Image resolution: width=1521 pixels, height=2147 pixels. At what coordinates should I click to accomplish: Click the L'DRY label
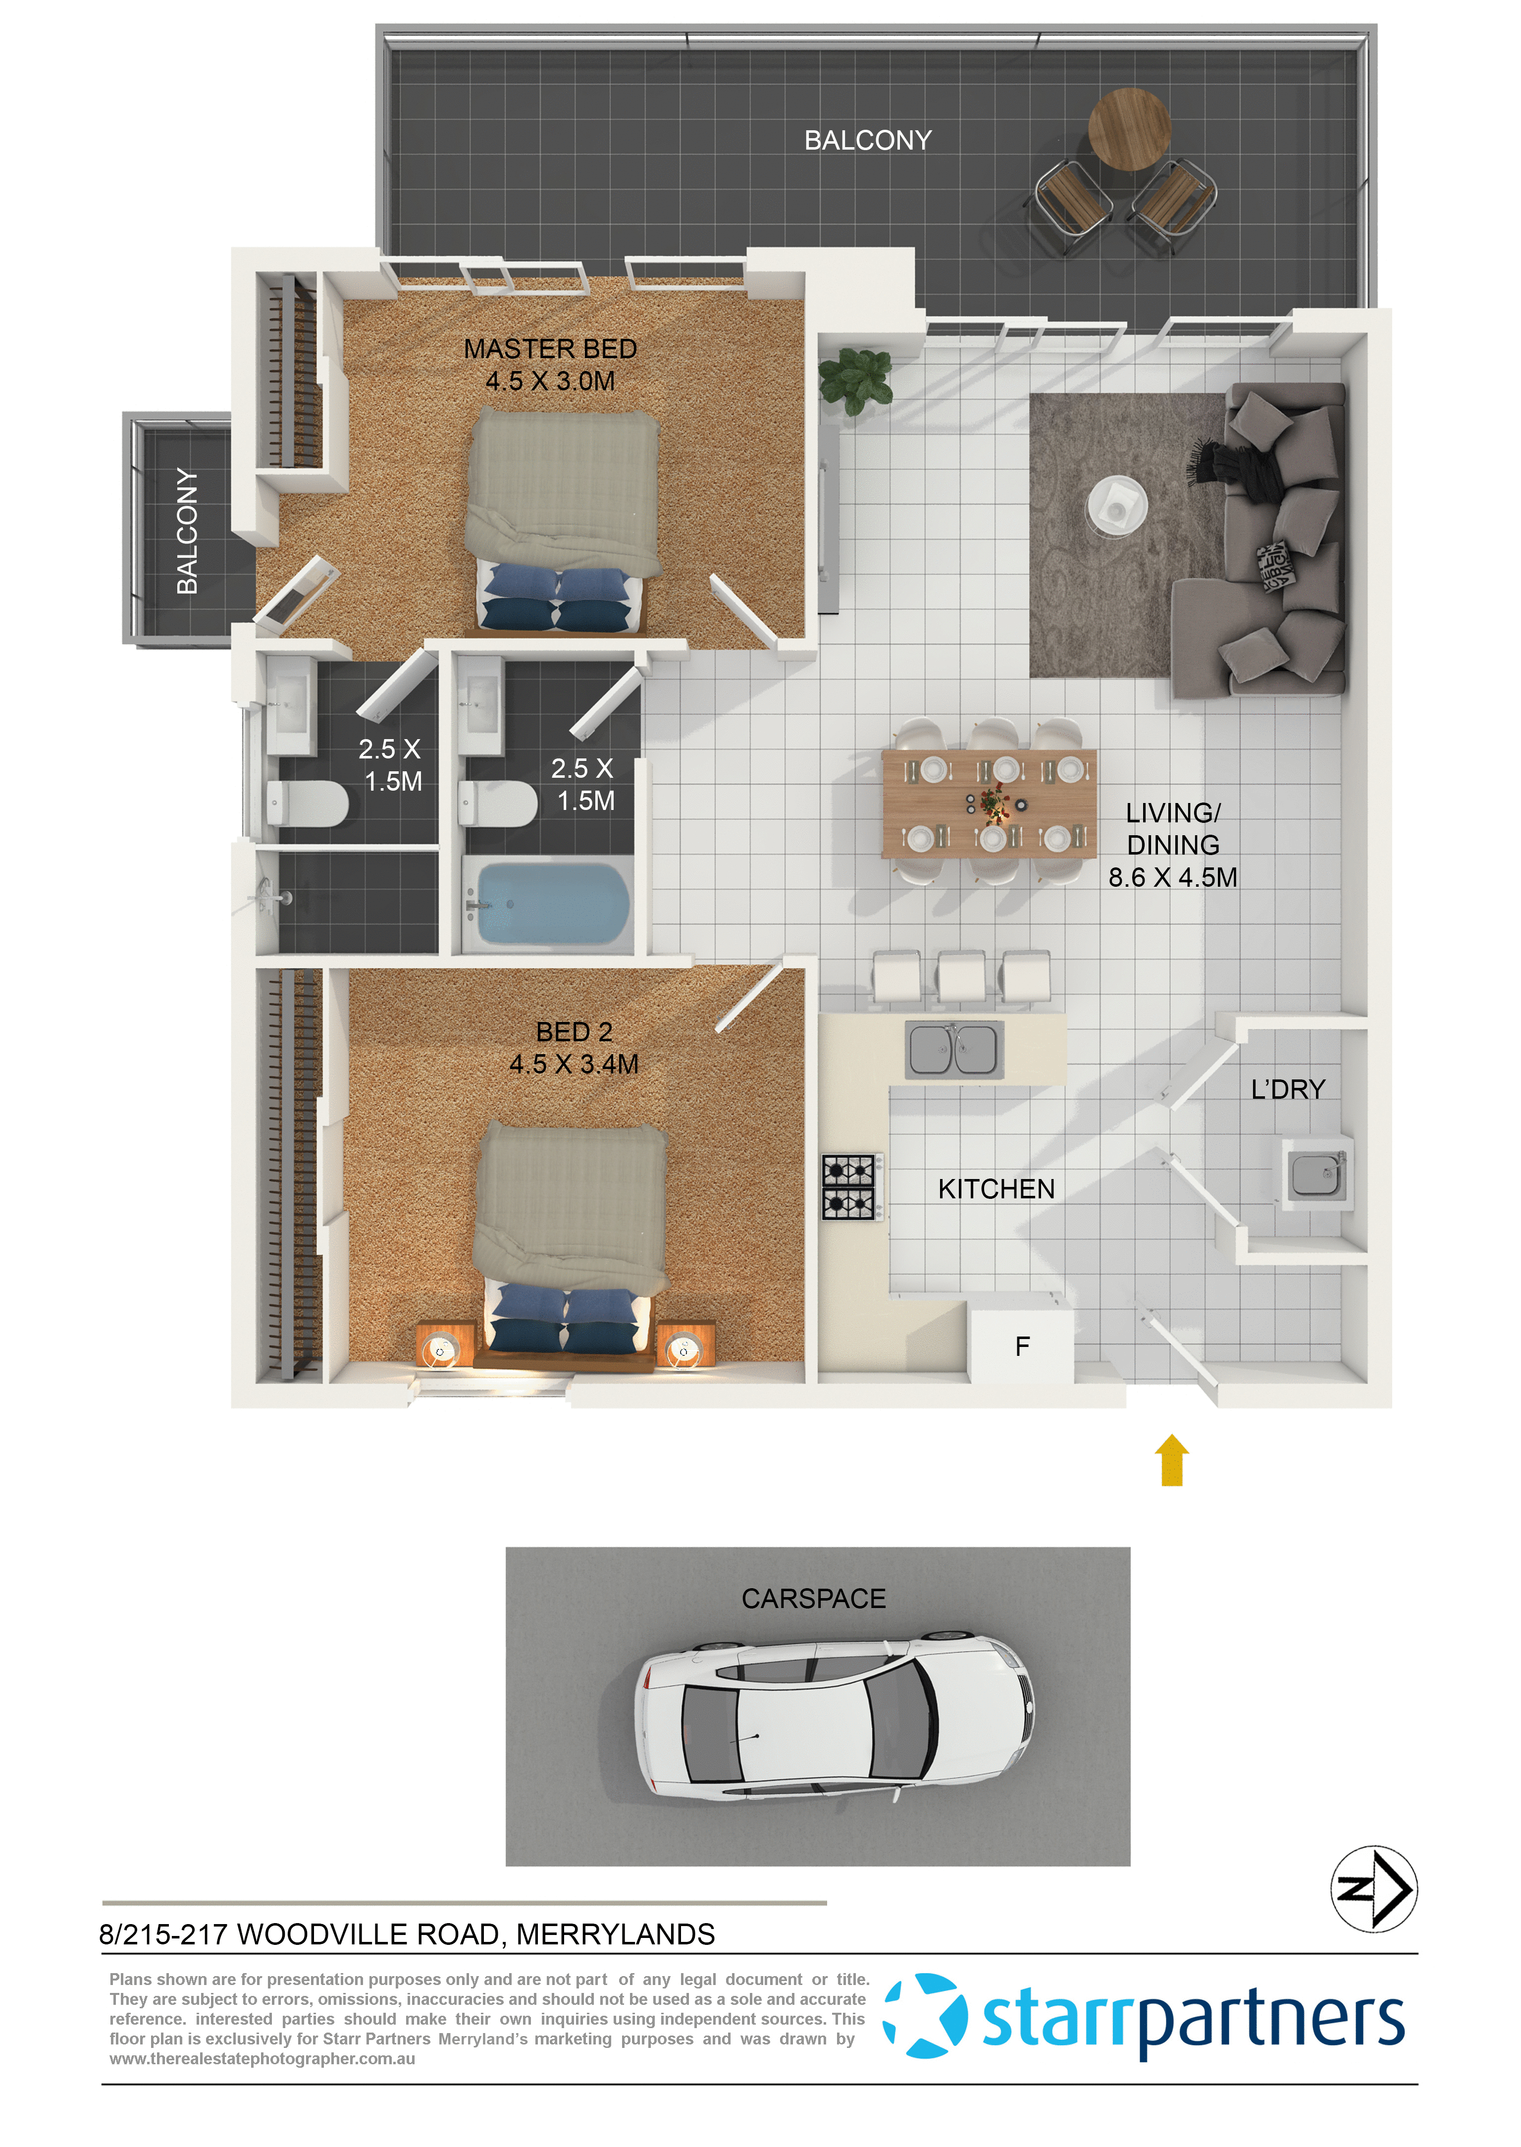pyautogui.click(x=1288, y=1089)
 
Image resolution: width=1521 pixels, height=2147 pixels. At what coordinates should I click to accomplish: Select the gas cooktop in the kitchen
pyautogui.click(x=848, y=1187)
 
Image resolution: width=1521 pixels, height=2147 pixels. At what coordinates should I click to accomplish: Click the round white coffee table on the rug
pyautogui.click(x=1116, y=506)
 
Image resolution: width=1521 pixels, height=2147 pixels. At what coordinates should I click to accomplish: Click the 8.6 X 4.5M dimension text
pyautogui.click(x=1173, y=878)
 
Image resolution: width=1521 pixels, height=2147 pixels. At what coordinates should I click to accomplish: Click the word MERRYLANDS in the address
pyautogui.click(x=615, y=1934)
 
